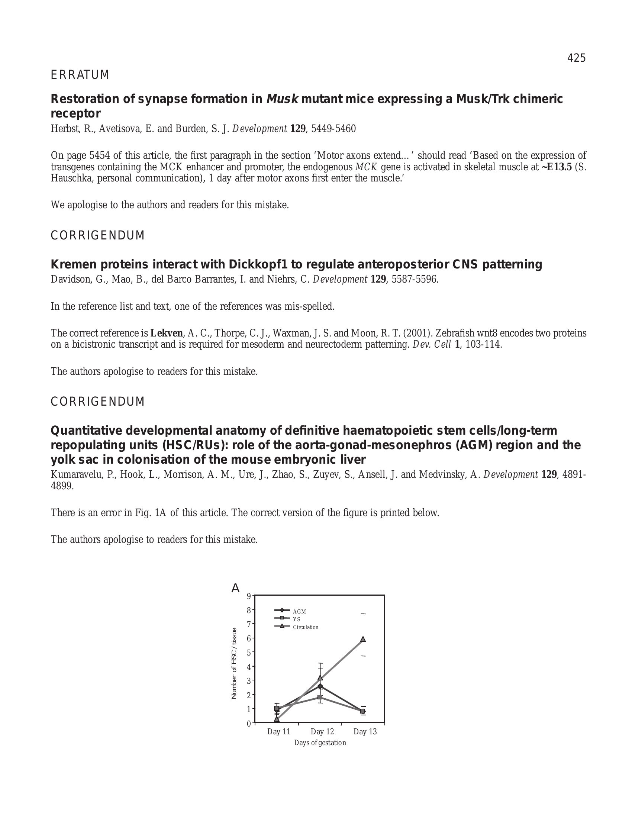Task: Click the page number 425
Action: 576,58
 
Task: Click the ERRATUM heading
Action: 80,75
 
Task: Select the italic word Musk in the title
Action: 282,99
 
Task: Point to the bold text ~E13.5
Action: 557,167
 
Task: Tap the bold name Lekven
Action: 167,333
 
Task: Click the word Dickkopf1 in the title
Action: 258,264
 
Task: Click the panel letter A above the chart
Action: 235,589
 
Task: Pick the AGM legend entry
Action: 299,612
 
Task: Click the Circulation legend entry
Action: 306,627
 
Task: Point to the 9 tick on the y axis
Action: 249,596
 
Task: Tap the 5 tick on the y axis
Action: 249,653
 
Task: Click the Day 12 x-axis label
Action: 322,731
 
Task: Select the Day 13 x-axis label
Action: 365,731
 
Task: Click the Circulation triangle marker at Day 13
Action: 363,639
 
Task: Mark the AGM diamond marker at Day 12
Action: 320,686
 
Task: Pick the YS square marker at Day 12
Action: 320,697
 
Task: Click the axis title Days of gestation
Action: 320,743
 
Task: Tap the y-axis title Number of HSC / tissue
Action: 234,663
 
